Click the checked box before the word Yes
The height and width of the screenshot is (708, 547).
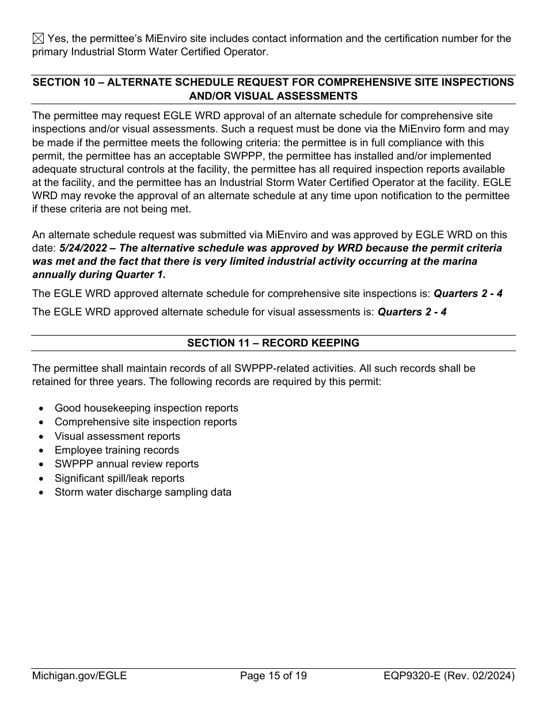37,39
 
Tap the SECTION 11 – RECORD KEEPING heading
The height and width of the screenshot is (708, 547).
273,343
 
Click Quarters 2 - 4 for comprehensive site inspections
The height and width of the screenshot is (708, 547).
468,294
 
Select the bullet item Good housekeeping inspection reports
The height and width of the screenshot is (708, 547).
146,408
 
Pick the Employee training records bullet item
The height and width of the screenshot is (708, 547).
116,450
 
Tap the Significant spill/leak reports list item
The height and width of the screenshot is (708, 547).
119,478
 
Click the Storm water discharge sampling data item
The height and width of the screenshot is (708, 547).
143,492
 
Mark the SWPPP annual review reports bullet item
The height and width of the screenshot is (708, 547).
126,464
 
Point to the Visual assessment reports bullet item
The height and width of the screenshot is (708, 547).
117,436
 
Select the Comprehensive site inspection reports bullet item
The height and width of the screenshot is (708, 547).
145,422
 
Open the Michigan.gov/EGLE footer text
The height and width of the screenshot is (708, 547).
79,676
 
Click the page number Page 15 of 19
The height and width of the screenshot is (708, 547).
273,676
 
